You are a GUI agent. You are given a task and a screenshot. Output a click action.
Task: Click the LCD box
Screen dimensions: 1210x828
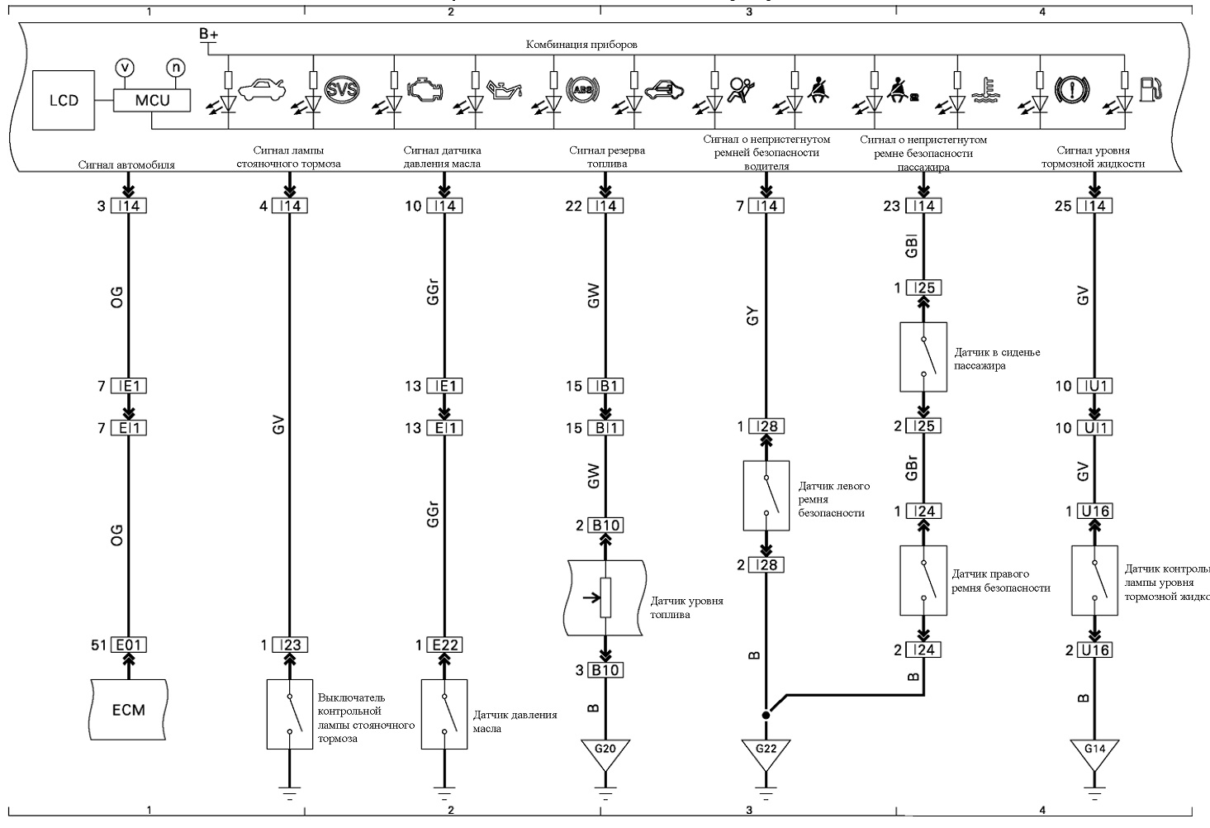click(x=64, y=101)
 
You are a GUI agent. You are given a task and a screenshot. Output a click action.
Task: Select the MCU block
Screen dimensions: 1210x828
click(x=152, y=101)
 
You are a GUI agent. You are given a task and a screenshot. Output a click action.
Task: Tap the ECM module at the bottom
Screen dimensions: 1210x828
click(x=129, y=710)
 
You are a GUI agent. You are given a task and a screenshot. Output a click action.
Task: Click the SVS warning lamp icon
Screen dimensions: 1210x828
click(x=342, y=89)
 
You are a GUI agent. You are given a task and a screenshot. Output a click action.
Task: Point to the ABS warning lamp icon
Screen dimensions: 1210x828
click(x=582, y=90)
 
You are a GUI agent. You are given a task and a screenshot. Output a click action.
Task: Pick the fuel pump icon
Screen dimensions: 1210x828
click(x=1150, y=89)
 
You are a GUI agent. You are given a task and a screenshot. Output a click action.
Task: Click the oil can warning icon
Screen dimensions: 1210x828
click(x=505, y=89)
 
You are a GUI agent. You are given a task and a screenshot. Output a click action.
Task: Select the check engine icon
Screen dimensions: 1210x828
click(x=425, y=90)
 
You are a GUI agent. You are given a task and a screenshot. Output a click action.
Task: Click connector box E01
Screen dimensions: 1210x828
click(x=129, y=645)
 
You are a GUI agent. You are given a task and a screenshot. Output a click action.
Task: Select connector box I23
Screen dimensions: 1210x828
click(x=290, y=645)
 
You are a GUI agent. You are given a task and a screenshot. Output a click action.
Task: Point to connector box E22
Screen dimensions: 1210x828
click(x=444, y=645)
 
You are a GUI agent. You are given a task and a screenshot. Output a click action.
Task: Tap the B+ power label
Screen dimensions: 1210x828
click(x=208, y=34)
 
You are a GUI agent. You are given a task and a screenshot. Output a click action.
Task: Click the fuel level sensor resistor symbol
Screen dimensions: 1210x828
click(x=605, y=597)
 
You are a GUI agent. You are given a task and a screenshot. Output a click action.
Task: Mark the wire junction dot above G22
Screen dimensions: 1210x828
click(x=766, y=715)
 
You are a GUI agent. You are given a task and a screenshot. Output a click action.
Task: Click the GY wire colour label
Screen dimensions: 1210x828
click(x=752, y=316)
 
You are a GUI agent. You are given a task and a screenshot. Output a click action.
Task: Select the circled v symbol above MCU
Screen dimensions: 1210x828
click(x=126, y=68)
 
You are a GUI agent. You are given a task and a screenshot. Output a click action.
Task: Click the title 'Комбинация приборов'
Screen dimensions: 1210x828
click(x=581, y=45)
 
